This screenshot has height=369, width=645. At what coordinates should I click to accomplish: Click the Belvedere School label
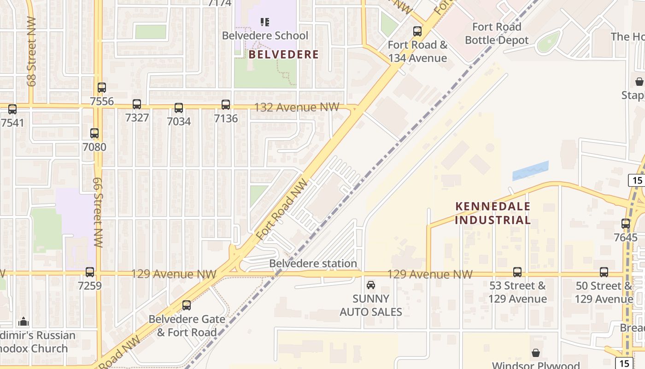pyautogui.click(x=265, y=36)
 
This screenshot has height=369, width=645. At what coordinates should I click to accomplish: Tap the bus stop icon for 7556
pyautogui.click(x=102, y=87)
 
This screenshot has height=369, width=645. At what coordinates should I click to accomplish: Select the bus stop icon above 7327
pyautogui.click(x=137, y=104)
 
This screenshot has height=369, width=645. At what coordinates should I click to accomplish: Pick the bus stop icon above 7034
pyautogui.click(x=179, y=108)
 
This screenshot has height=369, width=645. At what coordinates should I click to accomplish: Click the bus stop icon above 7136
pyautogui.click(x=226, y=105)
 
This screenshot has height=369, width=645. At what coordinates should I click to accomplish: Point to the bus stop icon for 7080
pyautogui.click(x=94, y=133)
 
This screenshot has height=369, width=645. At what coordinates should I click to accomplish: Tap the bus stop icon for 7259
pyautogui.click(x=90, y=272)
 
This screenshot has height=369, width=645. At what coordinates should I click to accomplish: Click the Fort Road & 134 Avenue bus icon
pyautogui.click(x=417, y=31)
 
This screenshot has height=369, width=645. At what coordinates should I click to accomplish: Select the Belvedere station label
pyautogui.click(x=313, y=263)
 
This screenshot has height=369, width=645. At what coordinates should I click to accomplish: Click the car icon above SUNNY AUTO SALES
pyautogui.click(x=371, y=285)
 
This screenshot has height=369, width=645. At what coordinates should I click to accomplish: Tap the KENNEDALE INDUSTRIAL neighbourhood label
pyautogui.click(x=493, y=213)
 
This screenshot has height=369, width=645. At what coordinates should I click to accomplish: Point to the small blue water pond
pyautogui.click(x=530, y=171)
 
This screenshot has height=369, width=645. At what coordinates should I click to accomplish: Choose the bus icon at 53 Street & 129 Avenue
pyautogui.click(x=517, y=272)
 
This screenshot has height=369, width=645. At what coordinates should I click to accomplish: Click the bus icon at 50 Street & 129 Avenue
pyautogui.click(x=604, y=272)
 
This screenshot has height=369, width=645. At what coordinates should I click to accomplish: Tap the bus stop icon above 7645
pyautogui.click(x=626, y=224)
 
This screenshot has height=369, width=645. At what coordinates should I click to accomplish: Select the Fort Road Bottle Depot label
pyautogui.click(x=497, y=34)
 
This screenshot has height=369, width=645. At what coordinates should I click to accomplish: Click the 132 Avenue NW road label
pyautogui.click(x=297, y=107)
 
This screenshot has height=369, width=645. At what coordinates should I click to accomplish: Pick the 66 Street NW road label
pyautogui.click(x=98, y=212)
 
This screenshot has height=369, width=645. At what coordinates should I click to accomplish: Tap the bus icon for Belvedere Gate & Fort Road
pyautogui.click(x=187, y=305)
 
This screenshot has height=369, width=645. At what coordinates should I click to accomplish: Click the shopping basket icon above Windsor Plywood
pyautogui.click(x=536, y=353)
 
